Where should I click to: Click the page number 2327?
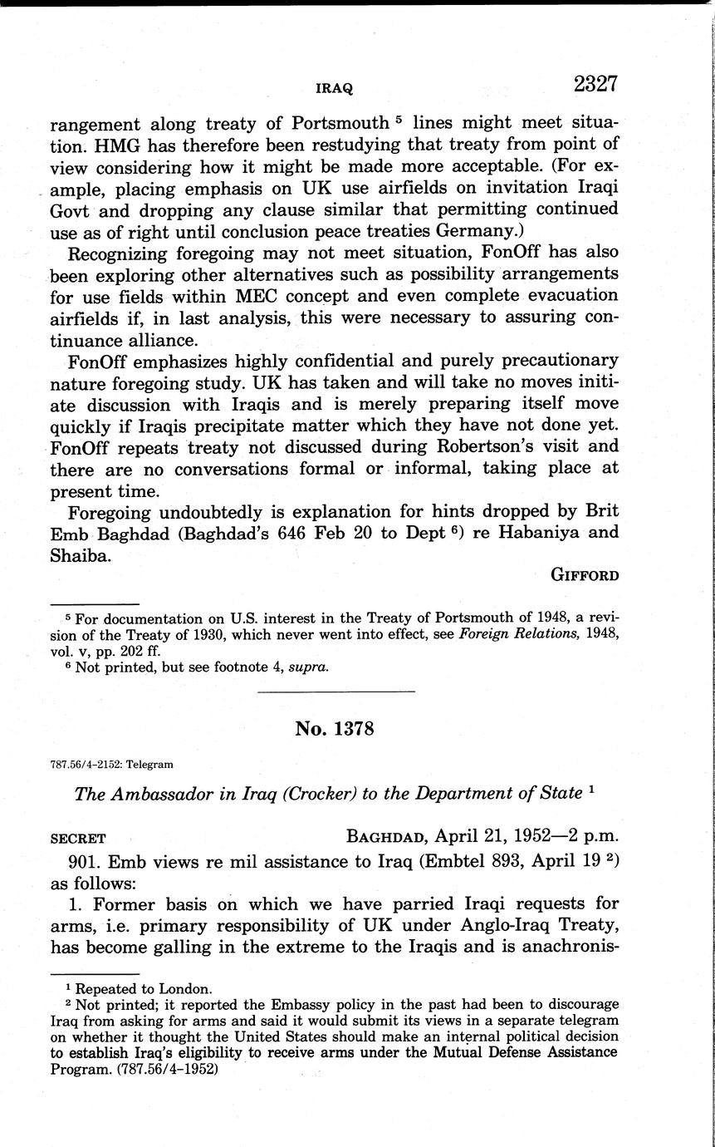[x=595, y=85]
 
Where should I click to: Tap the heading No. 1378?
[x=335, y=729]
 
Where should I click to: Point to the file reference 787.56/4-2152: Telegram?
[x=111, y=765]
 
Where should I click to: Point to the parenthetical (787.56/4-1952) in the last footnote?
[x=163, y=1069]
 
